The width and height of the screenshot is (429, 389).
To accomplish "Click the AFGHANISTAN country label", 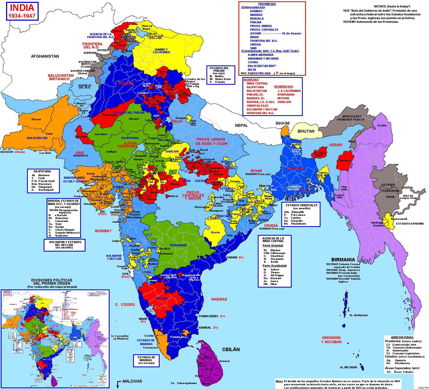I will (45, 56).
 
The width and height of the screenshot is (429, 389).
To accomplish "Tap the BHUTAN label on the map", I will (306, 131).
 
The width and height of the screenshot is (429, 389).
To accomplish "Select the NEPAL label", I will (241, 126).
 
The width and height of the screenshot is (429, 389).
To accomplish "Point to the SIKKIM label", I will (282, 123).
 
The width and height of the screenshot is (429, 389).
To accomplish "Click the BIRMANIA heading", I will (343, 260).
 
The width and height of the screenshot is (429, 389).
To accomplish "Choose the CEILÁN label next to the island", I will (231, 350).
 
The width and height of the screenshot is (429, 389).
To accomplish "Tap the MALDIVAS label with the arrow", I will (132, 381).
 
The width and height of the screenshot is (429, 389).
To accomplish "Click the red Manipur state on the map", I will (345, 160).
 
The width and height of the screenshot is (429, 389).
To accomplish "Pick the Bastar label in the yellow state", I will (215, 232).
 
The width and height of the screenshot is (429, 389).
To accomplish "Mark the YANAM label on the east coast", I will (232, 257).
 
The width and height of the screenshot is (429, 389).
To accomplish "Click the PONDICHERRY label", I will (209, 316).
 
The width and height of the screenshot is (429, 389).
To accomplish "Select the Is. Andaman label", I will (359, 315).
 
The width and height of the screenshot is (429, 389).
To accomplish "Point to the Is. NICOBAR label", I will (349, 367).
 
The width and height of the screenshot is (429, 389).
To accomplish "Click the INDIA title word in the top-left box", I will (22, 8).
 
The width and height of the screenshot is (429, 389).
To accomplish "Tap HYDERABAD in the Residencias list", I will (286, 95).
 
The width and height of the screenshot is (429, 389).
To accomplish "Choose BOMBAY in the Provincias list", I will (256, 11).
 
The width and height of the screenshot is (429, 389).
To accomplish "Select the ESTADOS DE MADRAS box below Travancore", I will (146, 360).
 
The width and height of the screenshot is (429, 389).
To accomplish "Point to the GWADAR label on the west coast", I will (7, 152).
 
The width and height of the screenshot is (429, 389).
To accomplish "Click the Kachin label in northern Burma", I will (382, 126).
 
